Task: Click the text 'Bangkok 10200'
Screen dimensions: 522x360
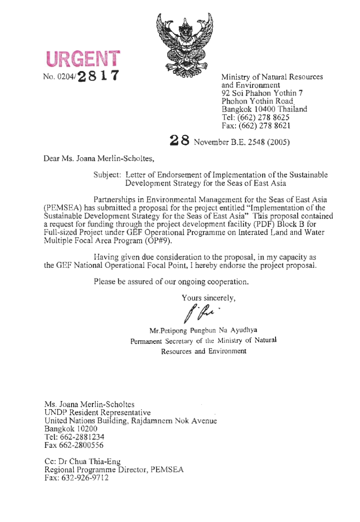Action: tap(71, 429)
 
